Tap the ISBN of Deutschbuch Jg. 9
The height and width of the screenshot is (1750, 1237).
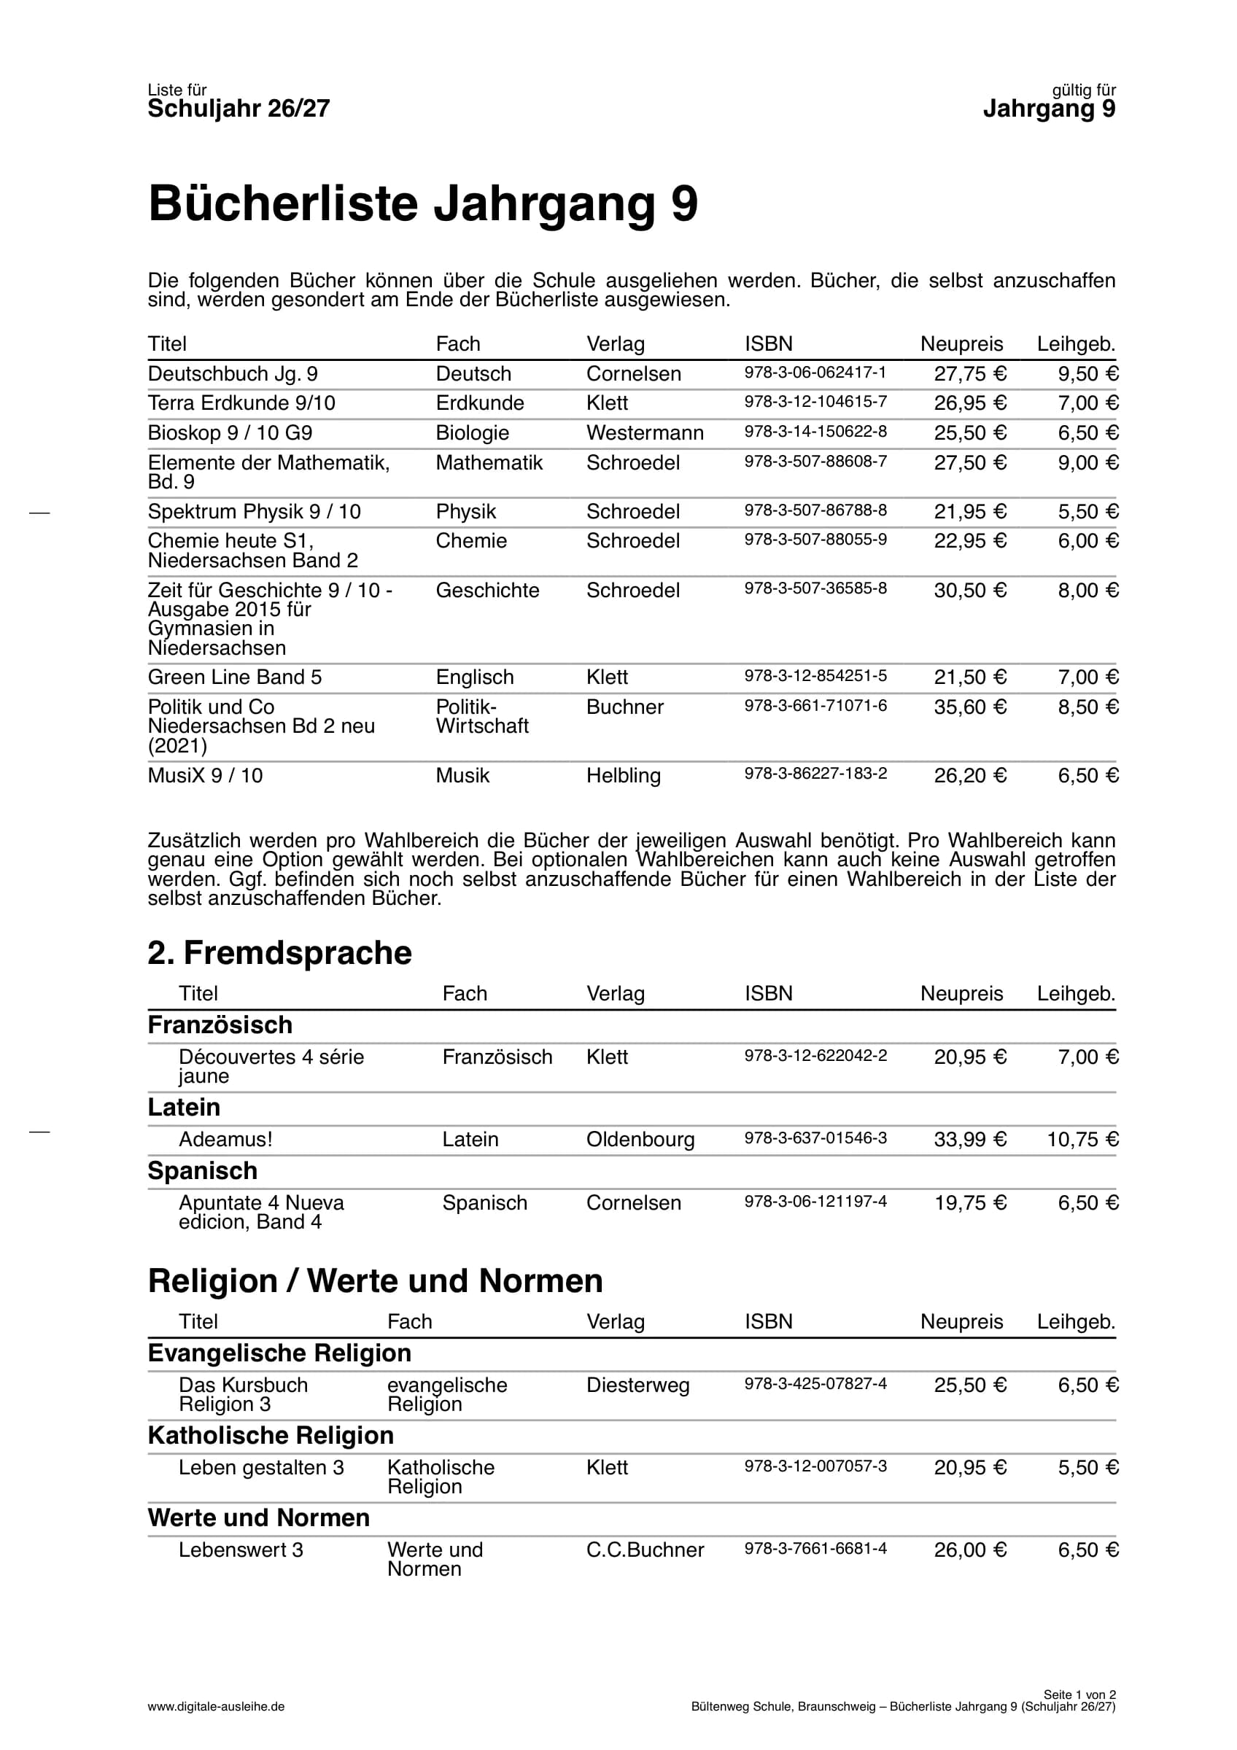coord(815,372)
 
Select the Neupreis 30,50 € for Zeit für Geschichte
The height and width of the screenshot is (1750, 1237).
coord(969,590)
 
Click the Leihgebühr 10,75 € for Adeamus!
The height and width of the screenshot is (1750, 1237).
coord(1082,1139)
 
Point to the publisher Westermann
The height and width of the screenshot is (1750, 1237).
coord(644,432)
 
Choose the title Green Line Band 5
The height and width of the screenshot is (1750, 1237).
coord(235,677)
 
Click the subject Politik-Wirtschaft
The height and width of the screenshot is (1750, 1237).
coord(481,717)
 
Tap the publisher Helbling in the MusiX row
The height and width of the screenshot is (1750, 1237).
coord(623,775)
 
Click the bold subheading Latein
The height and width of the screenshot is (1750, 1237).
coord(184,1107)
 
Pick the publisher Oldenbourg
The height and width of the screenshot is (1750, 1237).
coord(640,1139)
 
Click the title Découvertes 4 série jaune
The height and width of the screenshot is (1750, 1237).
coord(271,1065)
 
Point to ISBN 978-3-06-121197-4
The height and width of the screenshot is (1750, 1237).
coord(815,1201)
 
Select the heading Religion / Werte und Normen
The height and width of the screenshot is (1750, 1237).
coord(375,1280)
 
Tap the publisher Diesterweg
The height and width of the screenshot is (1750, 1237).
coord(637,1385)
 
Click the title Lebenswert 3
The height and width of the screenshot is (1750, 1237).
coord(241,1549)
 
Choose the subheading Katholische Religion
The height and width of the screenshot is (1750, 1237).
coord(271,1435)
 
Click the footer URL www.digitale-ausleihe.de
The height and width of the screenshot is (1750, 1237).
coord(216,1706)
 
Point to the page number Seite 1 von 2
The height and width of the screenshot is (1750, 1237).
coord(1079,1695)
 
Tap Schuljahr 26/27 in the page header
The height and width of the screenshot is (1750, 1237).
coord(239,109)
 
